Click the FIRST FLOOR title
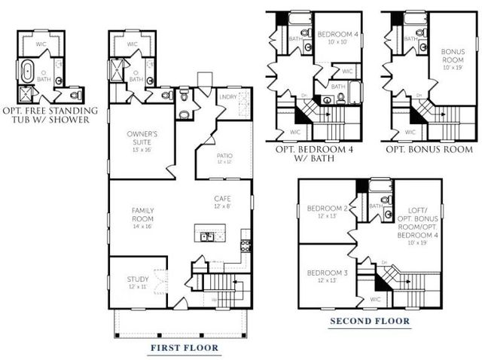point(185,348)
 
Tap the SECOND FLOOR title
point(370,322)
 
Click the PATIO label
point(224,155)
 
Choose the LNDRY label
point(227,98)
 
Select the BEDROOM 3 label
point(323,272)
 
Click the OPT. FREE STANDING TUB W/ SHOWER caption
point(50,115)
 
